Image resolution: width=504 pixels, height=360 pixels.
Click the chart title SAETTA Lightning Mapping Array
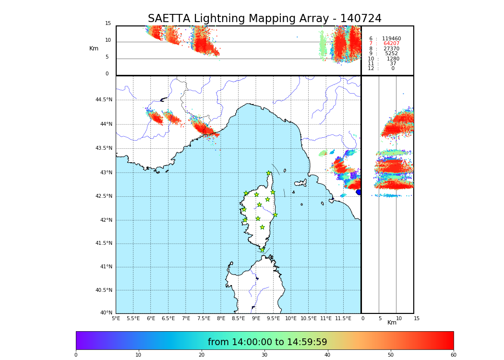[x=264, y=19]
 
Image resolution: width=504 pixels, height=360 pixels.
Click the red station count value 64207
[x=391, y=44]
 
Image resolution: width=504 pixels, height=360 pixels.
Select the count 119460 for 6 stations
[x=391, y=39]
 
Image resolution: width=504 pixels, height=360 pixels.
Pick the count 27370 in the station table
[x=391, y=49]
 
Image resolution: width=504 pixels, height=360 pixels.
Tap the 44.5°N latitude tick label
[x=104, y=100]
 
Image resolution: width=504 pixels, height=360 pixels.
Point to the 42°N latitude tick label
[x=105, y=220]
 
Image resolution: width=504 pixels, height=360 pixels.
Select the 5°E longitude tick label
[x=116, y=318]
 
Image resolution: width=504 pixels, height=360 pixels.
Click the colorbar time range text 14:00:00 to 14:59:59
[x=267, y=342]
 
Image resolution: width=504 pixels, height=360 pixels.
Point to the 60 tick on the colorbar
[x=453, y=355]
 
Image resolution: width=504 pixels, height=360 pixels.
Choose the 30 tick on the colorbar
[x=264, y=355]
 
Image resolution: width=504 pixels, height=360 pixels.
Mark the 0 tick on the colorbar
[x=76, y=355]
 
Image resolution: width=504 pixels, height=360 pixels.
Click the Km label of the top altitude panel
[x=94, y=48]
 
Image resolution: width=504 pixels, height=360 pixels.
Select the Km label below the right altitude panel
[x=392, y=323]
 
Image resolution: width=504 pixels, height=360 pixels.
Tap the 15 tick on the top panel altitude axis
[x=108, y=24]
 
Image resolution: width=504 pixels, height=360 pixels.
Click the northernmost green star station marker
[x=269, y=173]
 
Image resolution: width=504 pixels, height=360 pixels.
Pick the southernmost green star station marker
[x=262, y=250]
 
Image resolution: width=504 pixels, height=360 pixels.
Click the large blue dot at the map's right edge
[x=359, y=192]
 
